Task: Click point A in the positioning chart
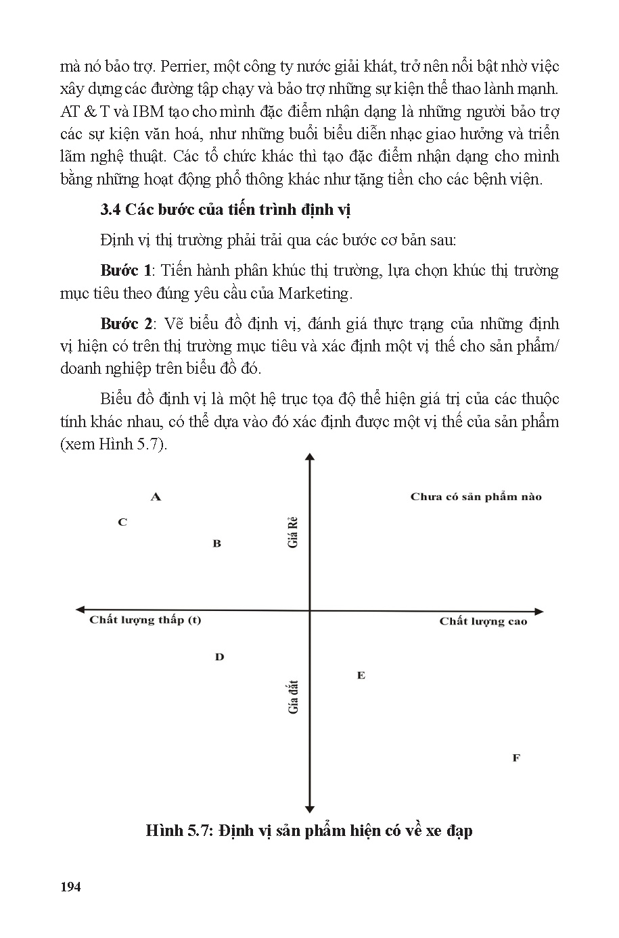(156, 497)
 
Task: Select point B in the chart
(217, 543)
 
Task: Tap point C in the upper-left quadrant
(122, 522)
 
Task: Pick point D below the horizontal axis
(219, 657)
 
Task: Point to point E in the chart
(361, 675)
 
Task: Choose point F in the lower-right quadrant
(516, 758)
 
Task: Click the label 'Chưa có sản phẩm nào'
(476, 497)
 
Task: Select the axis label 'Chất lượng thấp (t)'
(145, 620)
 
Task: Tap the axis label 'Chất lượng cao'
(482, 621)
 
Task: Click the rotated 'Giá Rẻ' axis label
(294, 533)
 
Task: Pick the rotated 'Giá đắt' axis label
(294, 697)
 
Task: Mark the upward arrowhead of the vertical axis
(310, 458)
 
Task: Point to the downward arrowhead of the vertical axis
(310, 808)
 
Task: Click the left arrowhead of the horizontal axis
(79, 610)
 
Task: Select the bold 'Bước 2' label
(127, 324)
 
